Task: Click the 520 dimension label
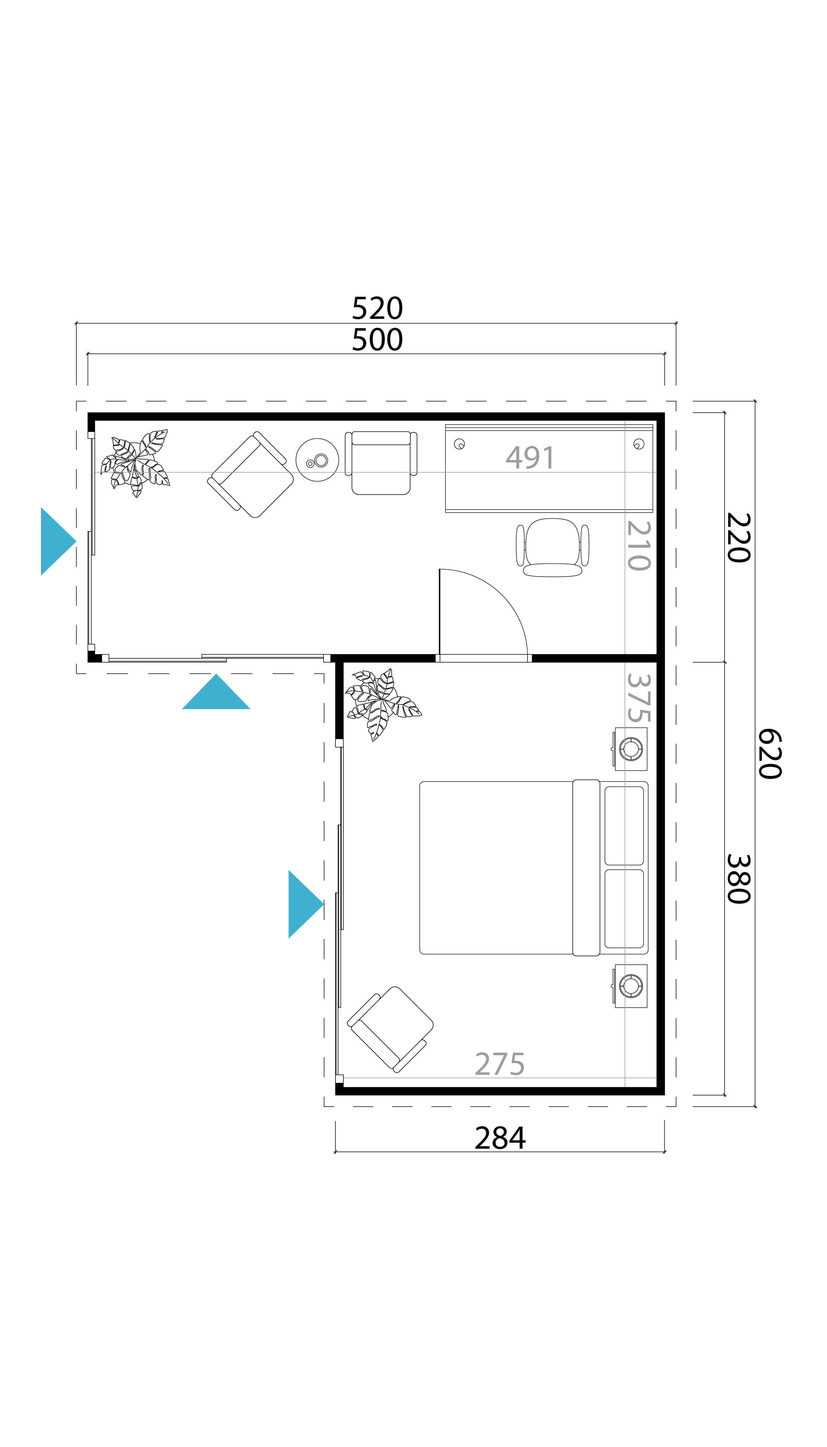(377, 309)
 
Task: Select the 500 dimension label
(377, 340)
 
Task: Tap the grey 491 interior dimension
(530, 458)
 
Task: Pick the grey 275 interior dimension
(499, 1064)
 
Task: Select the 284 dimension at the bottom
(500, 1138)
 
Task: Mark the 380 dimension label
(739, 879)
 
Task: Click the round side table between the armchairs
(317, 460)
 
